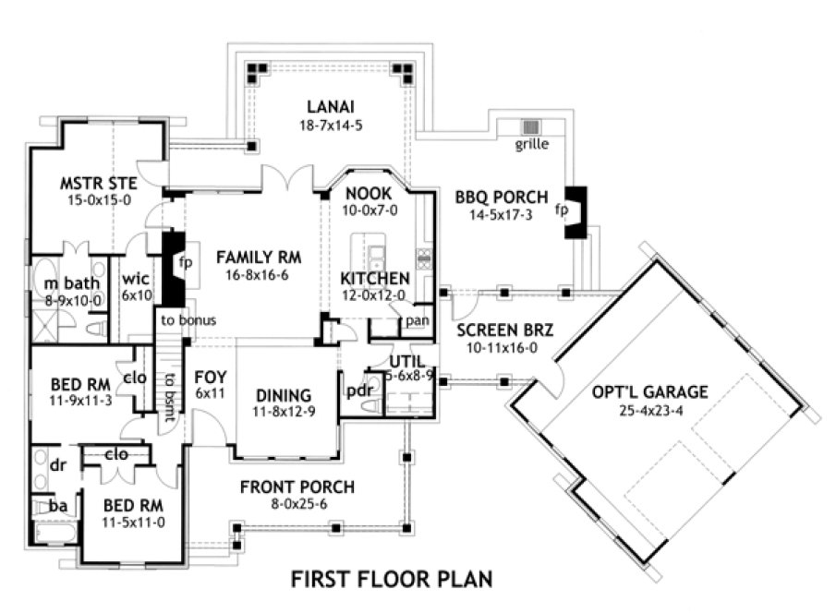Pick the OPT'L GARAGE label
point(650,391)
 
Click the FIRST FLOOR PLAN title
point(392,579)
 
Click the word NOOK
point(370,194)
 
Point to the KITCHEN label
point(375,279)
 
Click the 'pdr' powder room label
point(357,391)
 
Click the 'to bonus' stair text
point(188,320)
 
